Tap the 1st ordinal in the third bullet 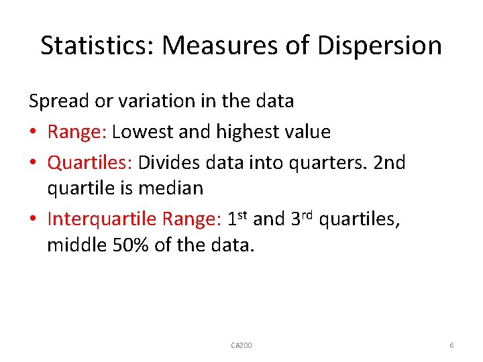(x=237, y=218)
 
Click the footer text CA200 (x=241, y=345)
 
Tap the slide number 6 (x=451, y=345)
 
